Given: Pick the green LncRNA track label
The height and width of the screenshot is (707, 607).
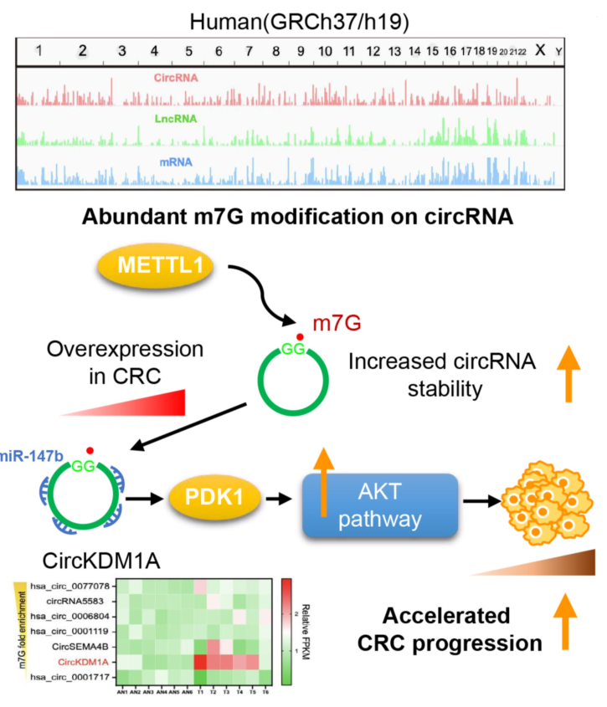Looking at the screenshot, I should pyautogui.click(x=175, y=119).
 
